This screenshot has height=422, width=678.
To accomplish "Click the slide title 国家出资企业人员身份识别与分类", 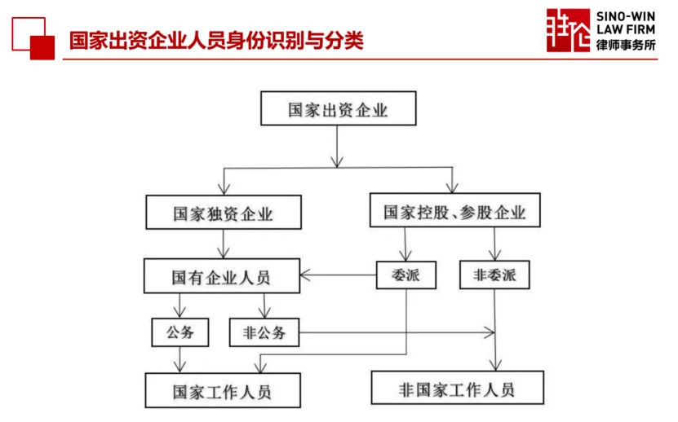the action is click(216, 41).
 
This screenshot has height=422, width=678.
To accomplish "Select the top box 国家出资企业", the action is click(338, 108).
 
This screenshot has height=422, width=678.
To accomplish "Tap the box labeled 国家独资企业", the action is click(224, 212).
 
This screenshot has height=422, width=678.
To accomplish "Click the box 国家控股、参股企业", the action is click(455, 210).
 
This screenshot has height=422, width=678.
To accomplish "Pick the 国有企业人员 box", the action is click(222, 276).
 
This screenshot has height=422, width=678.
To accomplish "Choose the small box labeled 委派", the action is click(406, 275).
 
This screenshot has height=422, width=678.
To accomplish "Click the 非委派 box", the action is click(494, 275).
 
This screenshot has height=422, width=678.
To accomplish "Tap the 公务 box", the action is click(180, 332).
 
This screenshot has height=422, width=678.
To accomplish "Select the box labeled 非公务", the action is click(264, 332).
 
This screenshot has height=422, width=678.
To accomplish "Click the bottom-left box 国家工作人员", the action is click(223, 390).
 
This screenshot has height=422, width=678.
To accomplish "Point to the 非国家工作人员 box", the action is click(458, 388).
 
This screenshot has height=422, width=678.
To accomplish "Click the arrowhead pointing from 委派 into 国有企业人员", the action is click(305, 275).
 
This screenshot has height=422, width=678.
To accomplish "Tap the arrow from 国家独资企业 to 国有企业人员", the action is click(223, 244).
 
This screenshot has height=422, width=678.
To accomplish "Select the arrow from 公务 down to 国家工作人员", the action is click(179, 360).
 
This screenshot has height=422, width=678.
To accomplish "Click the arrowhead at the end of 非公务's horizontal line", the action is click(490, 332).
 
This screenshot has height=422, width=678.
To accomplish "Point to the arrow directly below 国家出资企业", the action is click(337, 147).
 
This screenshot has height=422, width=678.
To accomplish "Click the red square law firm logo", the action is click(568, 30).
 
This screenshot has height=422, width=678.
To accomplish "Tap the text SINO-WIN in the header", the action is click(626, 16).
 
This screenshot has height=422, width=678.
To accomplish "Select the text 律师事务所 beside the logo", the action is click(626, 45).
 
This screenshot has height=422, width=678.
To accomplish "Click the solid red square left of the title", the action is click(42, 47).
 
